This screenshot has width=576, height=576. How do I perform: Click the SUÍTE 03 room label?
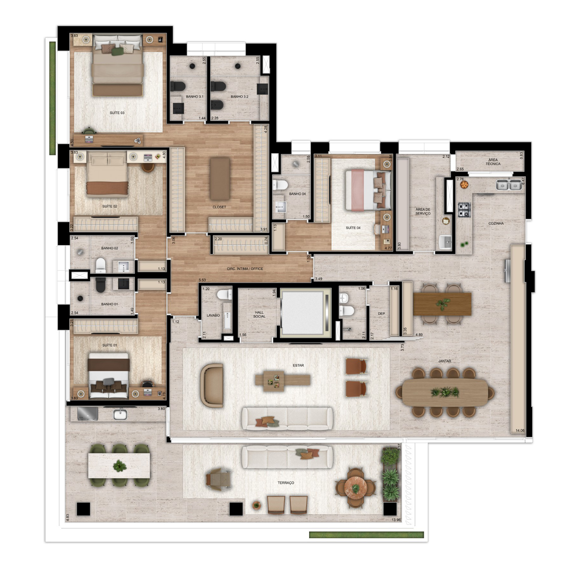[x=117, y=113]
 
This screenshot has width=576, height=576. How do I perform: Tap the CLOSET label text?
[x=219, y=207]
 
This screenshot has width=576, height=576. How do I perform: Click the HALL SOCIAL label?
[x=259, y=314]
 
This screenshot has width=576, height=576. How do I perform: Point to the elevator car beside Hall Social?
[x=303, y=313]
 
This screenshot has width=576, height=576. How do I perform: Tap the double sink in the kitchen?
[x=508, y=185]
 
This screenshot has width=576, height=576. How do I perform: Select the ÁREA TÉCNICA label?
[x=493, y=162]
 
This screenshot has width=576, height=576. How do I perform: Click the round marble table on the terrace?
[x=356, y=488]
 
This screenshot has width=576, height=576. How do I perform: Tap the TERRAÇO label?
[x=286, y=483]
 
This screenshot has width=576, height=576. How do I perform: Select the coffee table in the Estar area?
[x=283, y=380]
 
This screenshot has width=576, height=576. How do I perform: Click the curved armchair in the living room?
[x=212, y=385]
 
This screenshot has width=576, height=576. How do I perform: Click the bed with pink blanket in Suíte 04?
[x=368, y=190]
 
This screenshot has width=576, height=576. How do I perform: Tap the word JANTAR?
[x=444, y=361]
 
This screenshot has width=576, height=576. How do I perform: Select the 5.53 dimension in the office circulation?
[x=202, y=280]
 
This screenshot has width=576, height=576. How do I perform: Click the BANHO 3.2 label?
[x=239, y=96]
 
